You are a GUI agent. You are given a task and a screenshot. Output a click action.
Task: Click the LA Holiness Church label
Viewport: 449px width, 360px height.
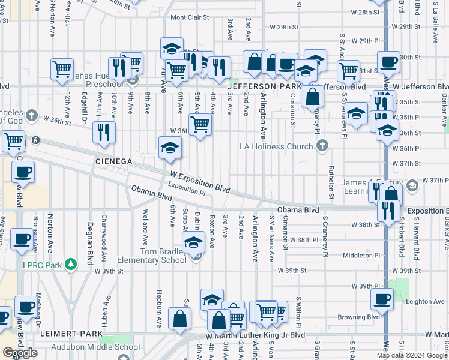pyautogui.click(x=276, y=146)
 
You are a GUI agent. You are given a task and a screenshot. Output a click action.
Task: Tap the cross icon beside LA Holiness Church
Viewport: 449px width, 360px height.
pyautogui.click(x=322, y=146)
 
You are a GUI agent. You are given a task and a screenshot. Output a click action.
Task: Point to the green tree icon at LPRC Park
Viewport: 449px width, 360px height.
pyautogui.click(x=70, y=264)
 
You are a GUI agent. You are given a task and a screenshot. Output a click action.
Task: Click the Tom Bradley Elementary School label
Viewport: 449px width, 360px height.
pyautogui.click(x=163, y=256)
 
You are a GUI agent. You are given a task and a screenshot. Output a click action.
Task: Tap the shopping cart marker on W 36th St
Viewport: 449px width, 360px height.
pyautogui.click(x=200, y=125)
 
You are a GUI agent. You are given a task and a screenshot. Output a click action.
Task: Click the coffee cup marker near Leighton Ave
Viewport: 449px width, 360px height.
pyautogui.click(x=382, y=298)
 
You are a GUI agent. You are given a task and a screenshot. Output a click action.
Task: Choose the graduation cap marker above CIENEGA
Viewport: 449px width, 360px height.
pyautogui.click(x=170, y=148)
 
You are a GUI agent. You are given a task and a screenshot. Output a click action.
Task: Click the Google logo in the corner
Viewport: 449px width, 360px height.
pyautogui.click(x=19, y=353)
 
